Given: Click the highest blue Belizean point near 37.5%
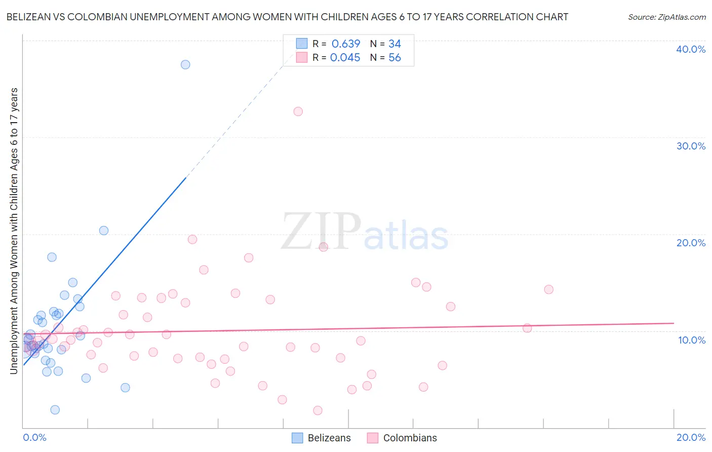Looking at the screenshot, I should [185, 64].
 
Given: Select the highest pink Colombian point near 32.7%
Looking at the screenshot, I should [298, 111].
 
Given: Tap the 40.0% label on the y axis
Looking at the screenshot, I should [691, 49].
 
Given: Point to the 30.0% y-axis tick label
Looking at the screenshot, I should [691, 146].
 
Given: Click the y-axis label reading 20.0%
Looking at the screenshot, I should [691, 243].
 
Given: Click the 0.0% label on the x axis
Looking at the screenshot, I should [34, 437].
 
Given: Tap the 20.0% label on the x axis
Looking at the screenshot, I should [691, 437].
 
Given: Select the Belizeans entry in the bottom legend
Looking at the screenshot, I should [329, 438].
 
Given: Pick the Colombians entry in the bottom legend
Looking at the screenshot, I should [410, 438].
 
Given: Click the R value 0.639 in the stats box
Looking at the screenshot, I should [346, 44].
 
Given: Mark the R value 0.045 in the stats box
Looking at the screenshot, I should [345, 58].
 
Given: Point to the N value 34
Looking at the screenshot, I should [394, 44].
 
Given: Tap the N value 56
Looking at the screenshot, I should [394, 58].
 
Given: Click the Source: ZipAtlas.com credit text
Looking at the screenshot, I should [666, 17].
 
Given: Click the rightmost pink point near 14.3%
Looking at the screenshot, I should [548, 289].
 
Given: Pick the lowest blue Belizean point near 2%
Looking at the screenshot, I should [55, 409].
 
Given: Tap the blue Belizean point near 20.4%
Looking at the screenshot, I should [104, 231].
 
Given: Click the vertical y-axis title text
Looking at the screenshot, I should [14, 231].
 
